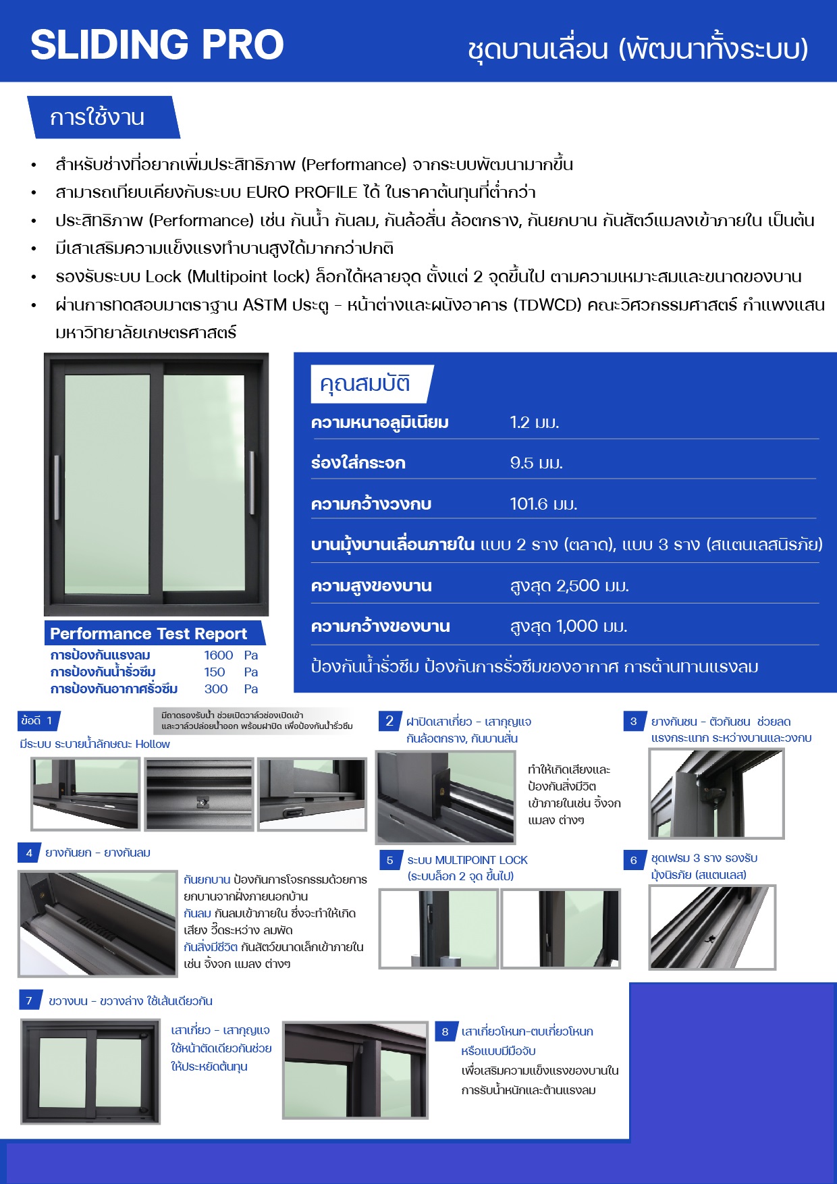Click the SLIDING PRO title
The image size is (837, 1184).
tap(157, 45)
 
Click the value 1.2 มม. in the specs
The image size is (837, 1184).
tap(534, 423)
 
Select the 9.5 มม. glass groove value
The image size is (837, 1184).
tap(536, 463)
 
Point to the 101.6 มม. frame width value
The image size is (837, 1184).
tap(543, 504)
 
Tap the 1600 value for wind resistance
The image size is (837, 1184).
tap(218, 655)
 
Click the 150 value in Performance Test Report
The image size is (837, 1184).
tap(215, 672)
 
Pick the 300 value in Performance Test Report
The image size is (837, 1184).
tap(215, 689)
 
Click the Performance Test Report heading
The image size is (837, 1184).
tap(148, 634)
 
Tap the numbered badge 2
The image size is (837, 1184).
tap(389, 721)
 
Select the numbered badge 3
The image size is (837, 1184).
tap(633, 722)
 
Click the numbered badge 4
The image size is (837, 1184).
tap(29, 853)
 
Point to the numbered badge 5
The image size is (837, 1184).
tap(389, 861)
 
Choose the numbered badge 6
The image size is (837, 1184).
tap(633, 860)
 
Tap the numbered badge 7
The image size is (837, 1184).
tap(29, 1001)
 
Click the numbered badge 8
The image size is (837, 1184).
tap(445, 1031)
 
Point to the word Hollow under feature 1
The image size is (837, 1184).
tap(153, 744)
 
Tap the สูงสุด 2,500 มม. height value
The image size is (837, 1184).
tap(569, 586)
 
